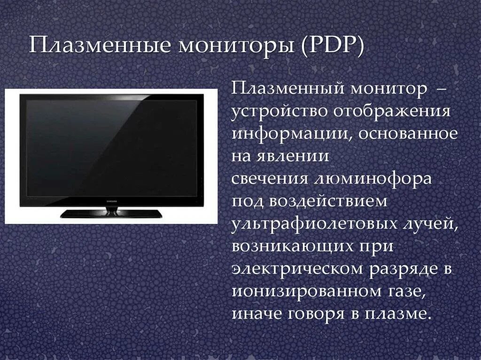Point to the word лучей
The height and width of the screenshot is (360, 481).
tap(427, 224)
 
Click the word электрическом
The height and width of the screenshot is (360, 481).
tap(297, 268)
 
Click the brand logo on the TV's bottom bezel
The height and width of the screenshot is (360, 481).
tap(111, 200)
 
